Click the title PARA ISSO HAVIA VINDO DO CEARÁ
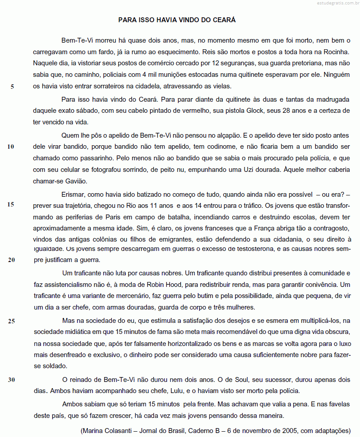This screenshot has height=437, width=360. (x=177, y=20)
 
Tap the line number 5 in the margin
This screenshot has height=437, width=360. (x=12, y=87)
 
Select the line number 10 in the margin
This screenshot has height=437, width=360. (x=11, y=147)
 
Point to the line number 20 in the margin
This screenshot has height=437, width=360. (x=11, y=260)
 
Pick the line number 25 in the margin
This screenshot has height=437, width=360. (x=11, y=321)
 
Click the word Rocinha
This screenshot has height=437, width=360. (x=337, y=52)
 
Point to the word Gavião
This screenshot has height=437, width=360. (x=77, y=181)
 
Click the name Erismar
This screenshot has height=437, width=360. (x=73, y=194)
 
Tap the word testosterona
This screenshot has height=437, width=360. (x=253, y=250)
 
